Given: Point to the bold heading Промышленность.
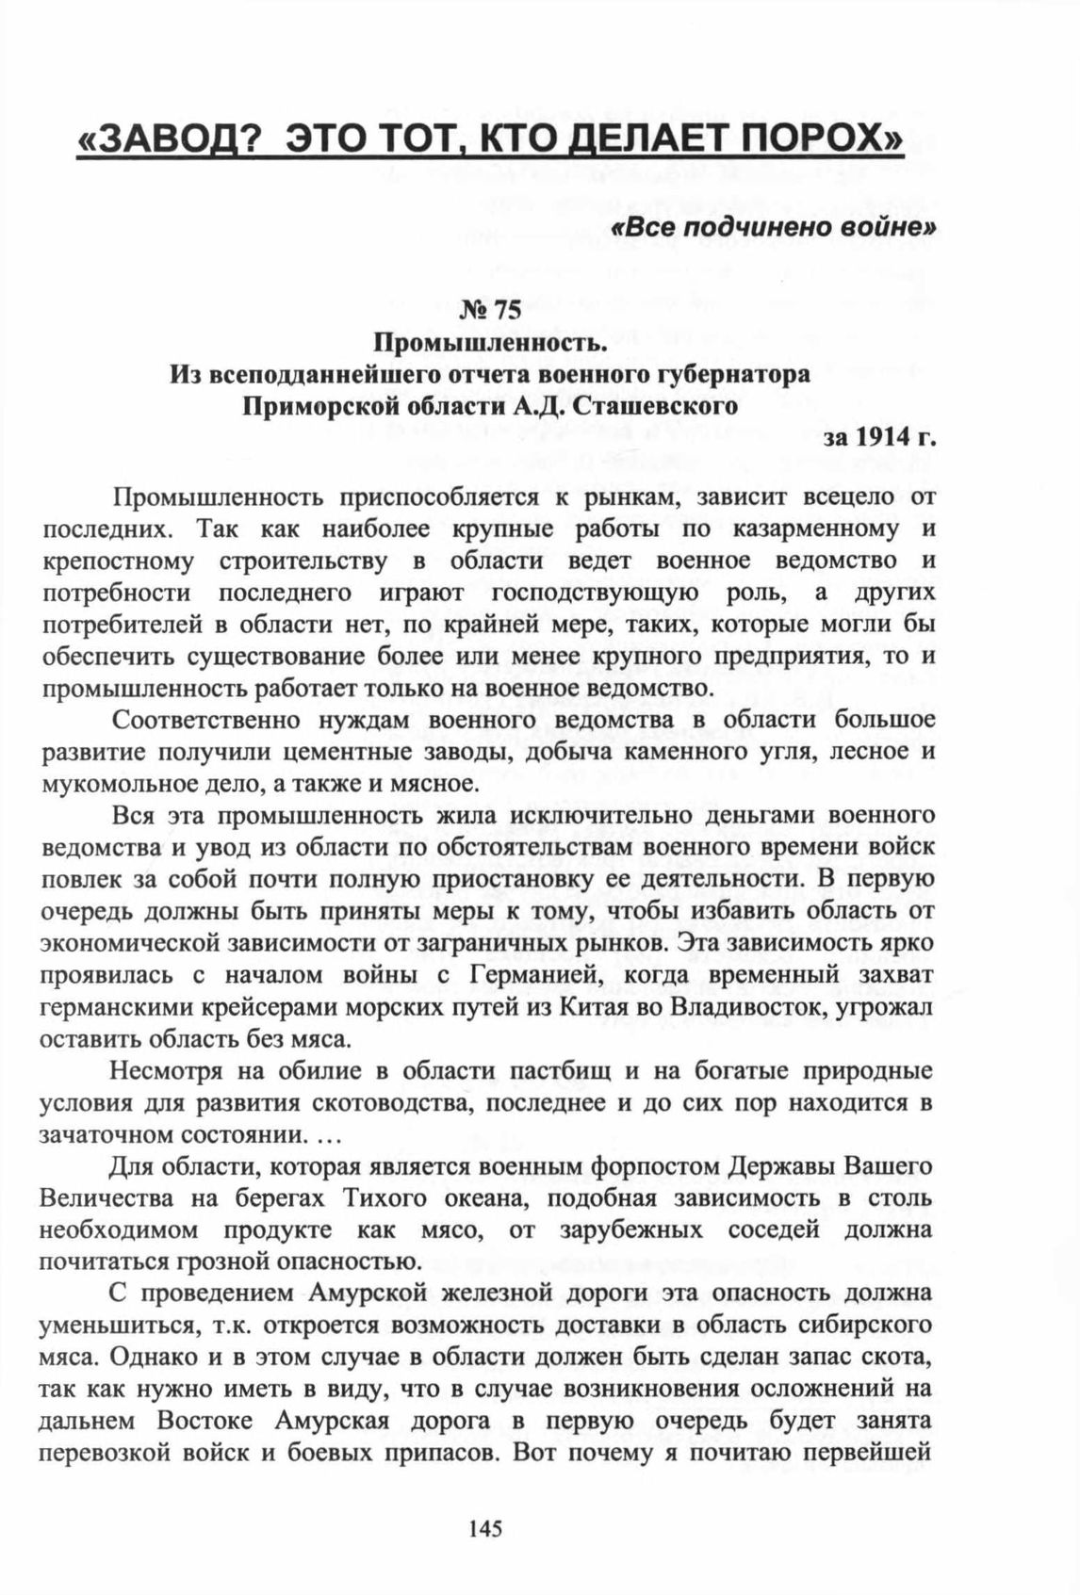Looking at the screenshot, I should tap(489, 343).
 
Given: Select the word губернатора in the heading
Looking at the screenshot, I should tap(734, 375).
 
